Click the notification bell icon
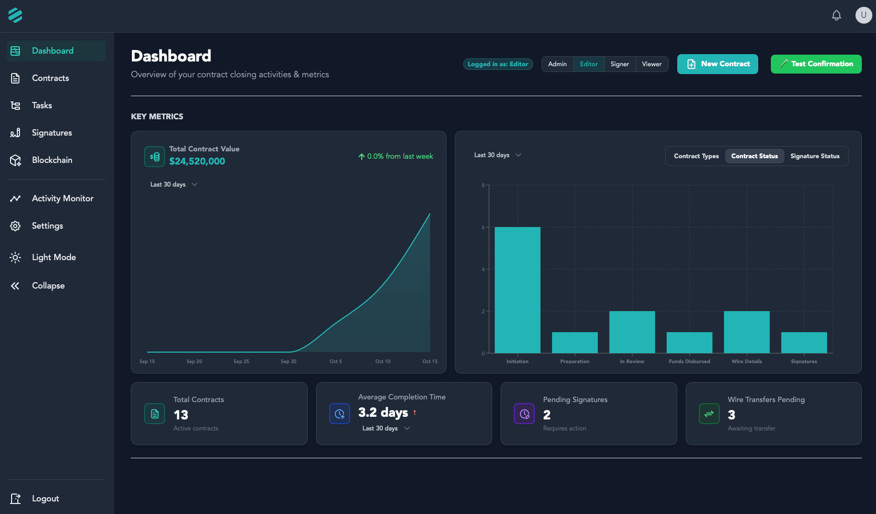pos(836,15)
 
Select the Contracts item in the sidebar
pos(50,78)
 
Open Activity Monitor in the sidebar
pos(62,199)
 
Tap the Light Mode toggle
pos(53,258)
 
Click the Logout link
pos(45,499)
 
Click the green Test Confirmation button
pos(816,64)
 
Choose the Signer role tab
pos(619,64)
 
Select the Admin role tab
pos(557,64)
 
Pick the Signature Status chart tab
pos(814,156)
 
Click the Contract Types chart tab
pos(696,156)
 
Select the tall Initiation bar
pos(517,290)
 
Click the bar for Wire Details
pos(746,332)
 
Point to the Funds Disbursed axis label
pos(689,362)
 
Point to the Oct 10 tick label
pos(383,362)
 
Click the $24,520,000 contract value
pos(197,161)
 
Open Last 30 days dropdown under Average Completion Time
pos(385,428)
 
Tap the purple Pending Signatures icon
pos(524,414)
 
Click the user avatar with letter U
pos(863,15)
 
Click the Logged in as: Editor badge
pos(497,64)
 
